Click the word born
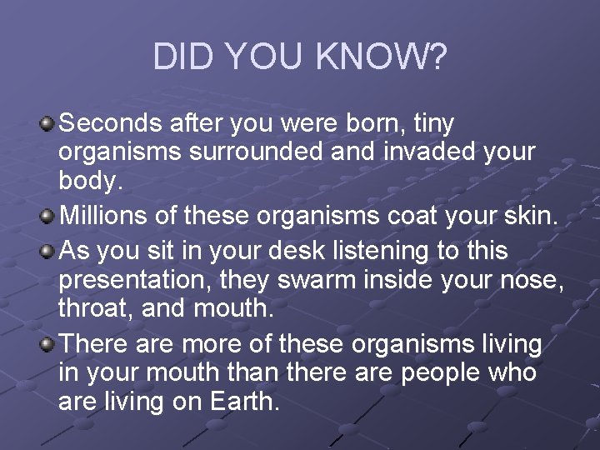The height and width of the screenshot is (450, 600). point(385,123)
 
